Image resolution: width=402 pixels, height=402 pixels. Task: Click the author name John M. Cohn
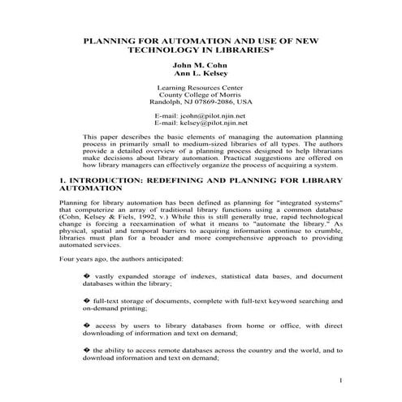coord(201,64)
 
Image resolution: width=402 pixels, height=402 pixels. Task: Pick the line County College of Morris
coord(201,95)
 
